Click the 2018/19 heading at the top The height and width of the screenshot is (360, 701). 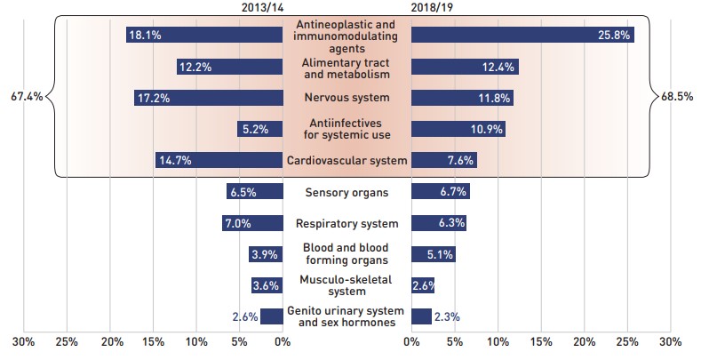coord(434,8)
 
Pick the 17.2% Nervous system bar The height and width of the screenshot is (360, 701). coord(208,98)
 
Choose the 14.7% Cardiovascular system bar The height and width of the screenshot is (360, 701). coord(219,161)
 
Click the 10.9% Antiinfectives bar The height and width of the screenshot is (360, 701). coord(458,129)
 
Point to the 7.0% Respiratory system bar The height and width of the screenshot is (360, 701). coord(252,223)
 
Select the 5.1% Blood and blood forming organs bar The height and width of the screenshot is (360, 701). coord(434,254)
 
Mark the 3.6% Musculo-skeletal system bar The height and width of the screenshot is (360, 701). coord(267,285)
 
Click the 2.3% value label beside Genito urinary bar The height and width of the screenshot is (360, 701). coord(447,316)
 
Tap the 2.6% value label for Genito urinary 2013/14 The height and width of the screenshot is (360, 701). coord(244,316)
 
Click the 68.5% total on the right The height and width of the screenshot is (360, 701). coord(678,96)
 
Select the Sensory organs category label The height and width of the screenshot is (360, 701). coord(346,192)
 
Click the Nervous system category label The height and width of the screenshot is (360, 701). coord(346,98)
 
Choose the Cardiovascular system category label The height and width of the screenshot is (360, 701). coord(347,161)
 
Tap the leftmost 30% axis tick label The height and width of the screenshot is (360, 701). coord(24,341)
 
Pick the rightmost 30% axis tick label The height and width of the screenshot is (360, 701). coord(670,341)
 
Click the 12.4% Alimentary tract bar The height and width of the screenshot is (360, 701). coord(465,67)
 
